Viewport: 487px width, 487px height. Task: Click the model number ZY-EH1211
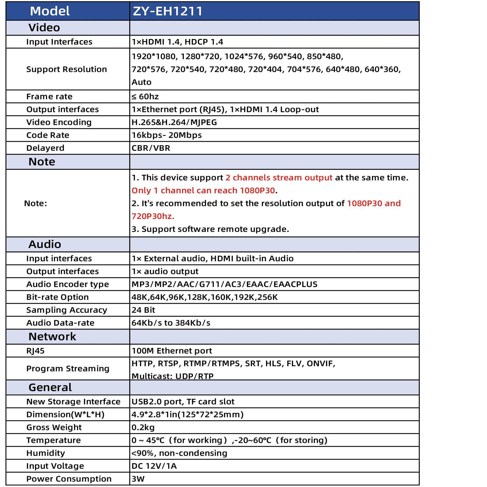click(168, 11)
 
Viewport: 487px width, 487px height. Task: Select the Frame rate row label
click(49, 96)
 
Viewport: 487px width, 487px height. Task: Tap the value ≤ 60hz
click(145, 96)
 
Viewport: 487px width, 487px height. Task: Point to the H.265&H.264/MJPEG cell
click(174, 122)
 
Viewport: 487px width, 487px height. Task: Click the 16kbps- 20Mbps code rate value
click(166, 135)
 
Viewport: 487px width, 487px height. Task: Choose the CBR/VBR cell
click(151, 148)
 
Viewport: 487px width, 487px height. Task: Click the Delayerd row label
click(45, 148)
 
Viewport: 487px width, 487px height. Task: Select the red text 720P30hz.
click(153, 216)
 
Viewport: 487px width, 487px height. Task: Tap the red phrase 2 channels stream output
click(279, 177)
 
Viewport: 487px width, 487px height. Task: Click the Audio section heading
click(45, 244)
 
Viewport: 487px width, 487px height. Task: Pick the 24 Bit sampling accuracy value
click(143, 310)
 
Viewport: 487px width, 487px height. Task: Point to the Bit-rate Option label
click(58, 297)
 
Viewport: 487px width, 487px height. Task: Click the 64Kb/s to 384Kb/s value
click(171, 323)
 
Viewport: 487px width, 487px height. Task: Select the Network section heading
click(52, 336)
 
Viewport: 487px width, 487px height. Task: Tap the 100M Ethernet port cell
click(172, 351)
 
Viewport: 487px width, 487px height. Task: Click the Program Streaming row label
click(68, 368)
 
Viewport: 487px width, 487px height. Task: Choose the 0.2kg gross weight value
click(143, 427)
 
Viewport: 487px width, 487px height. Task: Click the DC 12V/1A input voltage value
click(154, 466)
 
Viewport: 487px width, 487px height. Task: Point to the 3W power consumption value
click(138, 479)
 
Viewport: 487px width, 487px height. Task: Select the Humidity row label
click(46, 453)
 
